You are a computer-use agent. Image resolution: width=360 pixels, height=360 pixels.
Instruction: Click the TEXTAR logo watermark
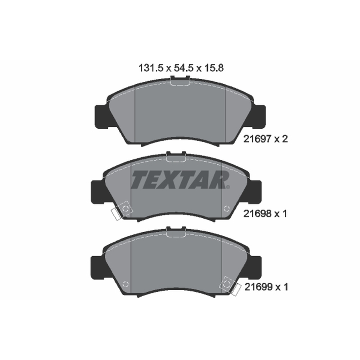coord(180,180)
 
